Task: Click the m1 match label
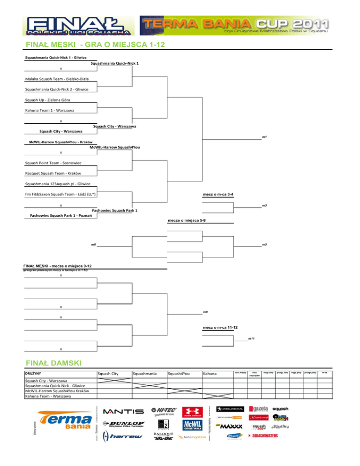coord(264,137)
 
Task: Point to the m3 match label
coord(264,205)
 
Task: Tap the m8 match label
coord(94,245)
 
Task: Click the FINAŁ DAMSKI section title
coord(54,362)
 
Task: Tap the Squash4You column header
coord(178,374)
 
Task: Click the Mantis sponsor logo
coord(124,411)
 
